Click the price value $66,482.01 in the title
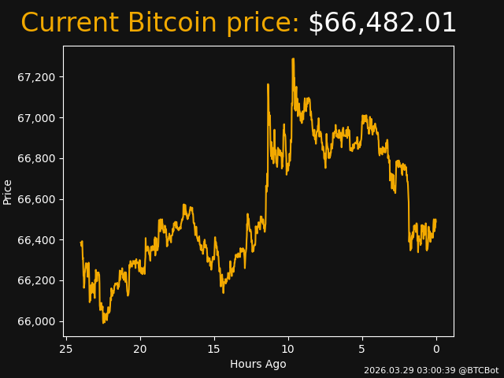tap(382, 24)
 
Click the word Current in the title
tap(69, 24)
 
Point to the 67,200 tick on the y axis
tap(36, 77)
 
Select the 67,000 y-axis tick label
tap(36, 118)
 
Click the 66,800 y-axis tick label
tap(36, 158)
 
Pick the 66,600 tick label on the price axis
tap(36, 199)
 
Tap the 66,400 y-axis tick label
tap(36, 240)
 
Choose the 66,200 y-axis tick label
tap(36, 280)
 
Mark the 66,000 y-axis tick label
tap(36, 321)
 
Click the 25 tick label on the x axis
tap(66, 349)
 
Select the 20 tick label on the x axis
tap(140, 349)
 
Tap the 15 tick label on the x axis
tap(214, 349)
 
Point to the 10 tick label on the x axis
tap(288, 349)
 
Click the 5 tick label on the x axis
tap(362, 349)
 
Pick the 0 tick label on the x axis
tap(436, 349)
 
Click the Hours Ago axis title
tap(258, 364)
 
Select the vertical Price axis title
tap(8, 191)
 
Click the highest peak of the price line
tap(293, 59)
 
